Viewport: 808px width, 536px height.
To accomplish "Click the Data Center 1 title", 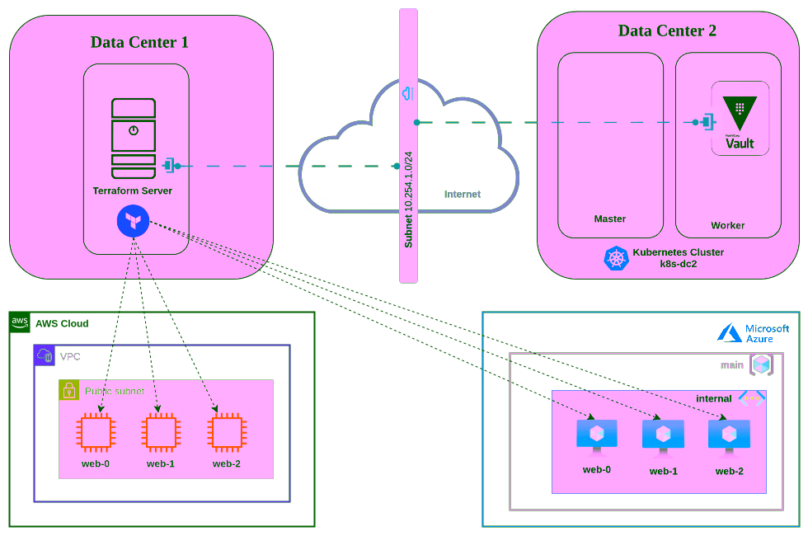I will [139, 42].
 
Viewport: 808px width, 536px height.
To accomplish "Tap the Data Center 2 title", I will [667, 31].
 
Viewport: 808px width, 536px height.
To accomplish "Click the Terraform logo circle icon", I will [132, 222].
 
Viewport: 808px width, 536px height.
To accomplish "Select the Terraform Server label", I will [133, 190].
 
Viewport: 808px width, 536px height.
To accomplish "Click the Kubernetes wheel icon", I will [616, 258].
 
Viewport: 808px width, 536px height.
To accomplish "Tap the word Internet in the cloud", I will [462, 195].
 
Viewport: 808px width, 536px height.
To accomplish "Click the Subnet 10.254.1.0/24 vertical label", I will [409, 197].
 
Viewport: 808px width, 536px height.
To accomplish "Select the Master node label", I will [610, 219].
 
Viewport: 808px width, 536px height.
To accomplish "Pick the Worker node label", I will [728, 225].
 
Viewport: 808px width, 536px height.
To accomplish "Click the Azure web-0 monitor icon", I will [597, 435].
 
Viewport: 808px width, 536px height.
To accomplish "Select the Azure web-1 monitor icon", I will [663, 435].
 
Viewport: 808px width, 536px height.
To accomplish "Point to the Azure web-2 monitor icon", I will [729, 435].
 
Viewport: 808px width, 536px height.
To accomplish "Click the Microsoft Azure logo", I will [730, 332].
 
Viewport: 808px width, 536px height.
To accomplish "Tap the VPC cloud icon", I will [45, 355].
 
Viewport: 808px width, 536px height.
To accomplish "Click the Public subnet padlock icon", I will [69, 390].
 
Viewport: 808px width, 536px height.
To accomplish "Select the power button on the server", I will [134, 130].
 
